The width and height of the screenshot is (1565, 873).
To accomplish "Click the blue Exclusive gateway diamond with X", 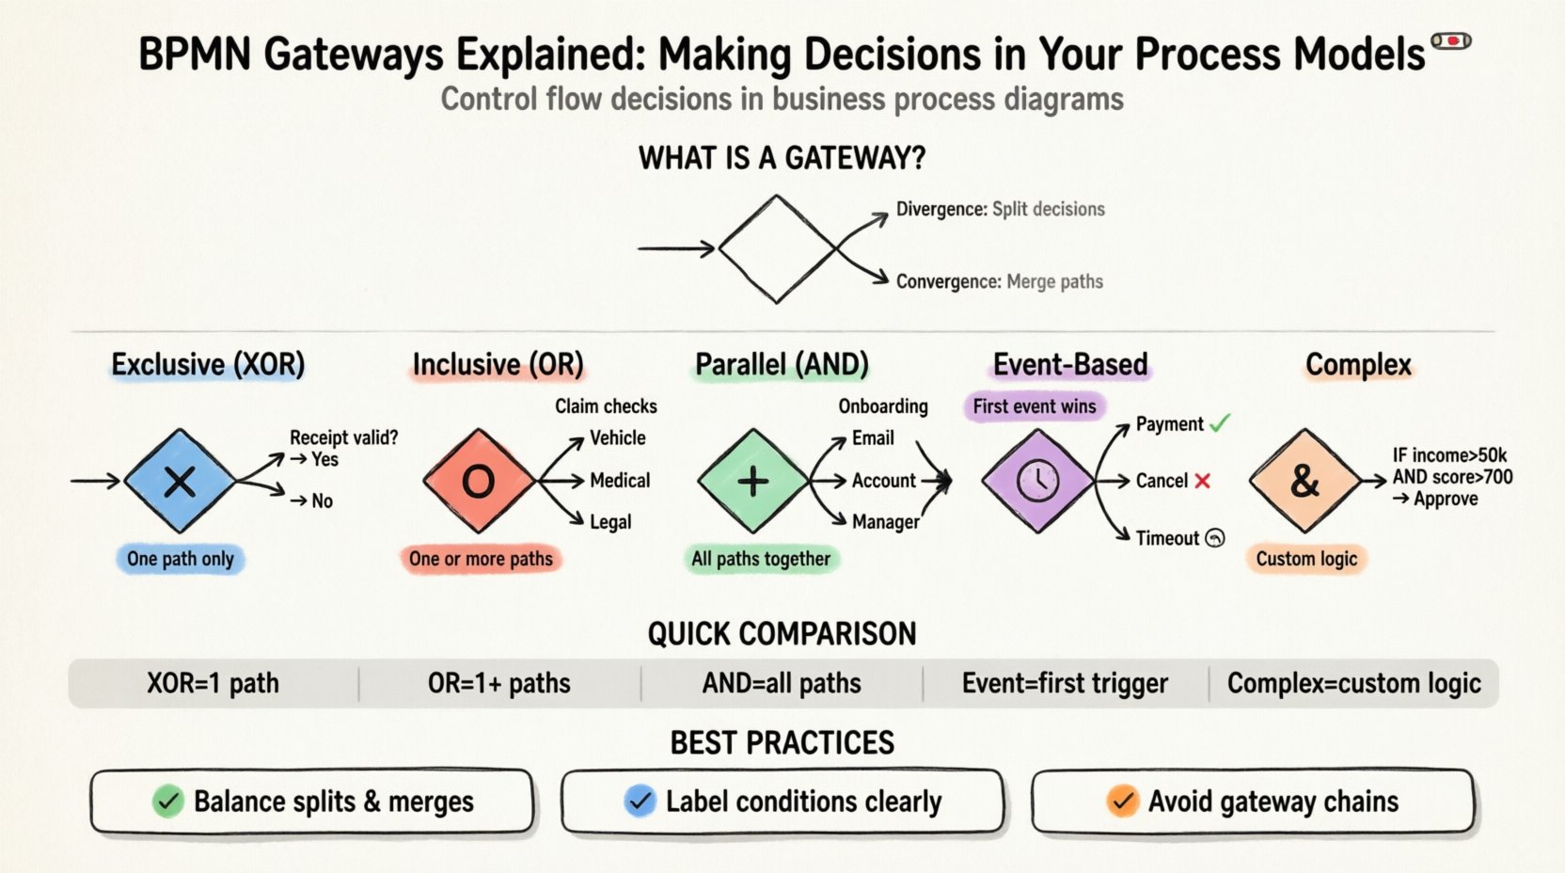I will (180, 482).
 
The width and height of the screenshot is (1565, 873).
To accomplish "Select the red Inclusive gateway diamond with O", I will (479, 482).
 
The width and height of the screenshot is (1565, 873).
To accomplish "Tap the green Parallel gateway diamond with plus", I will (752, 482).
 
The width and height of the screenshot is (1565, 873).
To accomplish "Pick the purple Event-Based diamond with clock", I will (1037, 482).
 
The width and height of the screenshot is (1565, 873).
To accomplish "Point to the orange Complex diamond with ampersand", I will (1304, 482).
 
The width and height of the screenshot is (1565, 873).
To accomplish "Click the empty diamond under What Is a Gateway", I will (777, 249).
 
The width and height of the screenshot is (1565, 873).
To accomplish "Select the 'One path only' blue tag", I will (181, 559).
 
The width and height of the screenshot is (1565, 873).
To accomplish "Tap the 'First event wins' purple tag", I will (1035, 406).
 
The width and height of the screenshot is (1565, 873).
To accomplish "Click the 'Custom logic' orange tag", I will (1306, 559).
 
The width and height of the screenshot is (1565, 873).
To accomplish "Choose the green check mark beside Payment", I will (1220, 424).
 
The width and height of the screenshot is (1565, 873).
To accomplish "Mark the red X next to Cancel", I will (1202, 481).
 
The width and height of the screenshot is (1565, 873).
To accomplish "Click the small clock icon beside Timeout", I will (1215, 538).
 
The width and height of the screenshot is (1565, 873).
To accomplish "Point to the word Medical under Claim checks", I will (620, 481).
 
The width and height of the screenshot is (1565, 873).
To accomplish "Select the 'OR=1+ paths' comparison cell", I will (499, 684).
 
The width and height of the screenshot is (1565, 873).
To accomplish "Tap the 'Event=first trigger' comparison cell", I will (1065, 684).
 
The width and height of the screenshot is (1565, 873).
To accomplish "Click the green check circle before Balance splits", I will (168, 802).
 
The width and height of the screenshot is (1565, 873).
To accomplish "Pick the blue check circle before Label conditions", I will (640, 802).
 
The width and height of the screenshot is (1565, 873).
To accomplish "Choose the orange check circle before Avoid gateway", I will (1122, 802).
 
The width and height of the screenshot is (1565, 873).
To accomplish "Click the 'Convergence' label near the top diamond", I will (948, 281).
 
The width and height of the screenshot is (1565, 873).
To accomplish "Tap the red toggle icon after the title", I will (1451, 40).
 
